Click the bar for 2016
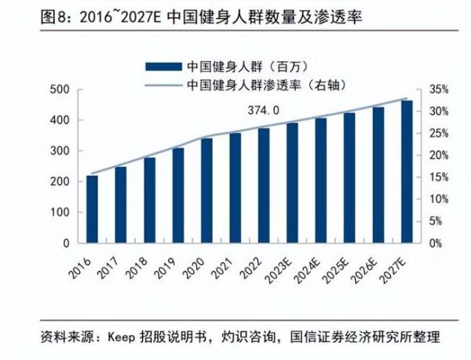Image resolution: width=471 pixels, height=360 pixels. [x=92, y=209]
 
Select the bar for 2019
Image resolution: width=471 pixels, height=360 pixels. [x=178, y=195]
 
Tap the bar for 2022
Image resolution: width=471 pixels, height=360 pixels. [x=264, y=185]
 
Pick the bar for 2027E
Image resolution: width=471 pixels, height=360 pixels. [x=406, y=172]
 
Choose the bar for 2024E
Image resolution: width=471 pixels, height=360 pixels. [x=320, y=180]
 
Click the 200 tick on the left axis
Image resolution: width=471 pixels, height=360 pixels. [x=61, y=182]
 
